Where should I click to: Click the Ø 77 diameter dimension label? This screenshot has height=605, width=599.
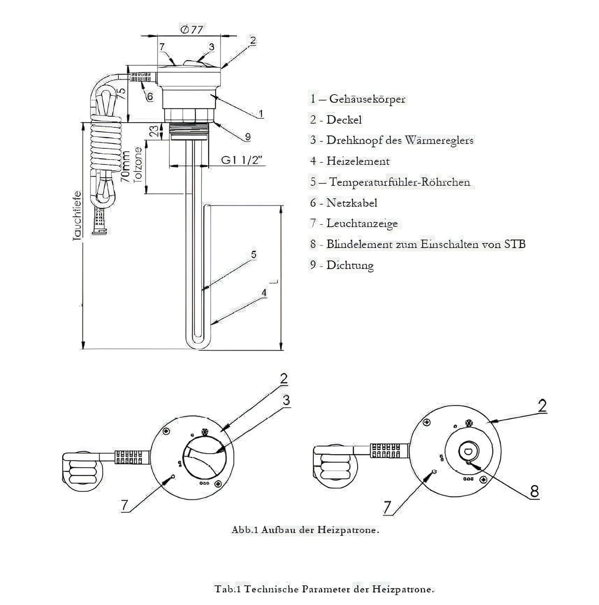191,30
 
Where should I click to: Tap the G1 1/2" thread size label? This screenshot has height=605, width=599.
243,160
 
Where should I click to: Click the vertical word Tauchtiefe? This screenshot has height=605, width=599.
77,216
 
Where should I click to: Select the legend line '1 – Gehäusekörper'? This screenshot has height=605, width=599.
358,99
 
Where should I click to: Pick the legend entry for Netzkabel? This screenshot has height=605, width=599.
343,203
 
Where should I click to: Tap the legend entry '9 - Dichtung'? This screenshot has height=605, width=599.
341,265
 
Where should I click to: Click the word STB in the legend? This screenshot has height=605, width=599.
515,244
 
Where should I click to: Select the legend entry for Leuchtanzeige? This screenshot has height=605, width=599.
354,223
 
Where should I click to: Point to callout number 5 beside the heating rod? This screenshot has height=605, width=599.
254,254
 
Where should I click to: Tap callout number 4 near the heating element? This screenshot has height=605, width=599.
264,292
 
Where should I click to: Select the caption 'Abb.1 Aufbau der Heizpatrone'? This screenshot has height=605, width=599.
305,531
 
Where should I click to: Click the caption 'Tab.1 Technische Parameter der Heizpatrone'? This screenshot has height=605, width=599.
325,589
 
